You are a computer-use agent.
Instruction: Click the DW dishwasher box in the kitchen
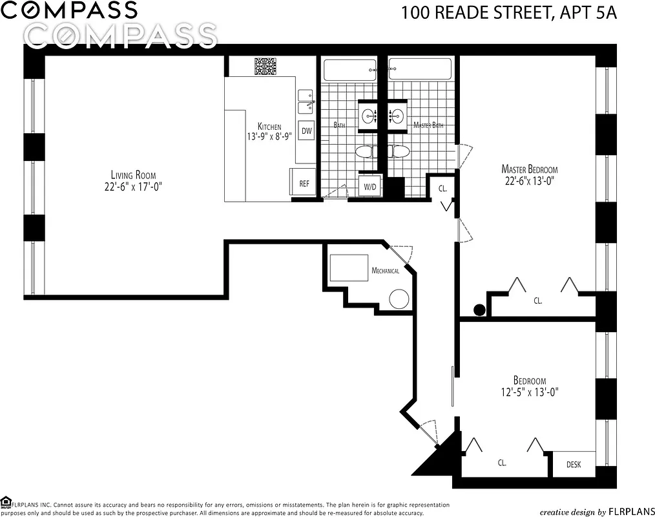pos(306,131)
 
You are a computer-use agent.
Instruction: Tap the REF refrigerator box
pos(304,184)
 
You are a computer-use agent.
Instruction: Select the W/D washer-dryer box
pos(370,187)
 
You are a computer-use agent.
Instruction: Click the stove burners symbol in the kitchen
pos(265,67)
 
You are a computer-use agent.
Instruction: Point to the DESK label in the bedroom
pos(573,464)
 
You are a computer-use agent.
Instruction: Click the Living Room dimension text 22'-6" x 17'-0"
pos(134,186)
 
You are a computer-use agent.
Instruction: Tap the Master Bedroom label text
pos(530,169)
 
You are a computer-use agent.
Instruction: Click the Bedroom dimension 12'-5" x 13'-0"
pos(530,392)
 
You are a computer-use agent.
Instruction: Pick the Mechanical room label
pos(385,271)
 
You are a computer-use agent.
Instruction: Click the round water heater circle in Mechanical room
pos(399,299)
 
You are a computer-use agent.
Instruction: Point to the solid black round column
pos(479,310)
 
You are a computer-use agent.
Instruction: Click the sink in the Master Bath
pos(397,116)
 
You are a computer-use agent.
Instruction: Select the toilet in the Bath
pos(366,152)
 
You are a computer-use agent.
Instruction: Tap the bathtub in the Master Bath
pos(420,69)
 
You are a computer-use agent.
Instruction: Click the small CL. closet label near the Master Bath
pos(442,189)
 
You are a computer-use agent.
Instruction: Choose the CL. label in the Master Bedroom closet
pos(538,301)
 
